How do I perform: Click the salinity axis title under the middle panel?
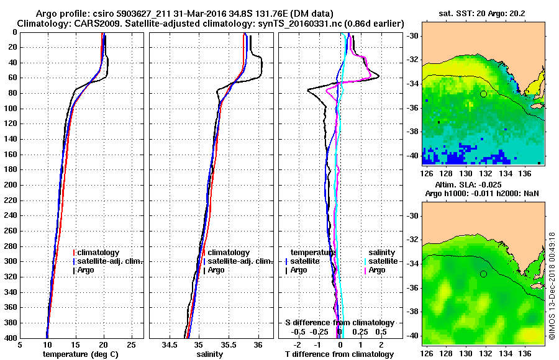point(211,354)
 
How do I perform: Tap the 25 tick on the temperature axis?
point(131,344)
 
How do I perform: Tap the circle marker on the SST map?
point(483,94)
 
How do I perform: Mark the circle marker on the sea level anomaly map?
point(483,274)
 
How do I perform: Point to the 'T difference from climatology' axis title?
point(339,354)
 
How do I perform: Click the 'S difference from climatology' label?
point(339,323)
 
